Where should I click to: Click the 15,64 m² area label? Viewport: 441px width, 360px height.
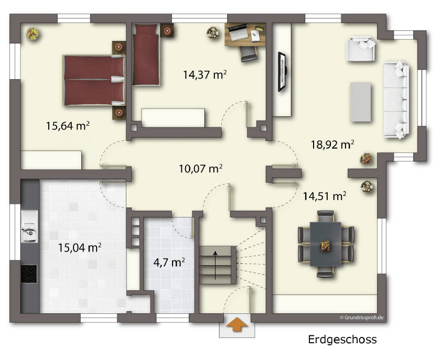pyautogui.click(x=68, y=126)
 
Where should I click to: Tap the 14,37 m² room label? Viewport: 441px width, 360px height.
pyautogui.click(x=205, y=74)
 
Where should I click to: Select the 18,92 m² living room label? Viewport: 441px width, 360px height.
pyautogui.click(x=332, y=144)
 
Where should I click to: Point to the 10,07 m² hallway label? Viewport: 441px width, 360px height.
pyautogui.click(x=201, y=169)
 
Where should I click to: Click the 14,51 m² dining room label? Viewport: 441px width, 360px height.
pyautogui.click(x=324, y=196)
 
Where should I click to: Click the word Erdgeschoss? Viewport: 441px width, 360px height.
pyautogui.click(x=341, y=340)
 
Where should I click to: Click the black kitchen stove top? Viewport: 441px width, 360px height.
pyautogui.click(x=29, y=274)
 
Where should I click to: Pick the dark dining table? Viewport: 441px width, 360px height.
pyautogui.click(x=325, y=244)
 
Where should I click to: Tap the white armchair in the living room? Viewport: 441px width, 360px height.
pyautogui.click(x=361, y=49)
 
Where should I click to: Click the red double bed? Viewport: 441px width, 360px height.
pyautogui.click(x=93, y=80)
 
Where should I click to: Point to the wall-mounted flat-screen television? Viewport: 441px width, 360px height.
pyautogui.click(x=282, y=72)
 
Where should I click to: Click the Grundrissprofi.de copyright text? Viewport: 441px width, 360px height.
pyautogui.click(x=361, y=317)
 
